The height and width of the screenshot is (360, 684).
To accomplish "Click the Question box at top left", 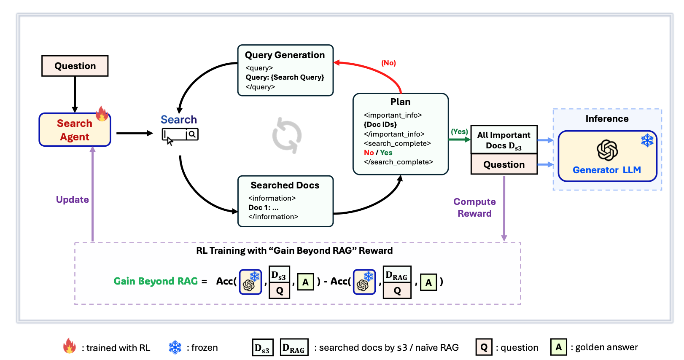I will [75, 66].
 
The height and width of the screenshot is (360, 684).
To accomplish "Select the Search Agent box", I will [75, 130].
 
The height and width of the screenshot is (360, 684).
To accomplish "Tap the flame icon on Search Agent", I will [102, 113].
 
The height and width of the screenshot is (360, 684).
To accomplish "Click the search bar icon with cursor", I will [180, 135].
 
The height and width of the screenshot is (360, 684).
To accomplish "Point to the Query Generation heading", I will [285, 55].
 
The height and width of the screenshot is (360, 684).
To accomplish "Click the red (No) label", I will [388, 63].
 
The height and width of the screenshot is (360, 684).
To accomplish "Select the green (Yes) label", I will [459, 132].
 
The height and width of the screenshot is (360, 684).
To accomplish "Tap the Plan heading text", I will [400, 102].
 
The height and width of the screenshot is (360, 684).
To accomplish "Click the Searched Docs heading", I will [285, 185].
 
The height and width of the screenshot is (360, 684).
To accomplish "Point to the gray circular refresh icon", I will [287, 135].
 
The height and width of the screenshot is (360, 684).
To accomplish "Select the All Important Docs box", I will [504, 140].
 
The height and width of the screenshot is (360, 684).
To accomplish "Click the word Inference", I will [607, 119].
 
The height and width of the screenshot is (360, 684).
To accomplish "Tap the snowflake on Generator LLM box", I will [647, 140].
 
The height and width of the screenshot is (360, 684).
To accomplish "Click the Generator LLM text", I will [606, 170].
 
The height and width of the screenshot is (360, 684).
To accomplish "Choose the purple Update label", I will [73, 199].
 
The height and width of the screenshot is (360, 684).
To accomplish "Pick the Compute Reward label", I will [474, 207].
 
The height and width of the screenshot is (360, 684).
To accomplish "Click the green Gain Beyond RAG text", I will [156, 281].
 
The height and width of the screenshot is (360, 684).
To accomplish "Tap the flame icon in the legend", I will [70, 346].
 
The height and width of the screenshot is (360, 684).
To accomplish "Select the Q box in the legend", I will [484, 347].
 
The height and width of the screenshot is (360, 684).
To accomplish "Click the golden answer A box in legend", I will [558, 347].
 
